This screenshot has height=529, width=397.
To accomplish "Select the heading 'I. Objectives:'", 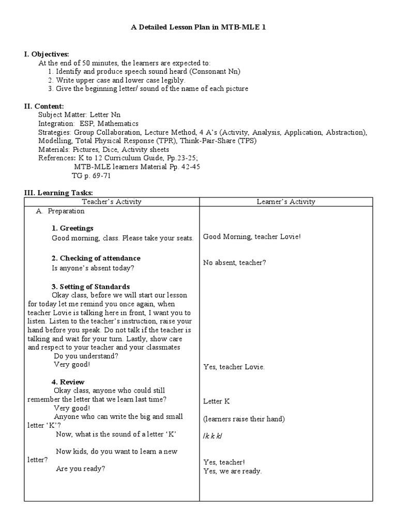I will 47,54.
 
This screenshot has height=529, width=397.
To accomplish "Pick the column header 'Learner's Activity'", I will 286,202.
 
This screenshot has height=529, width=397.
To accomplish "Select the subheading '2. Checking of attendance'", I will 96,258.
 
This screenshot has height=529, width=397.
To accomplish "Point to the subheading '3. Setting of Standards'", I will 90,287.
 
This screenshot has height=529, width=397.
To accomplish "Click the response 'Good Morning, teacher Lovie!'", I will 251,237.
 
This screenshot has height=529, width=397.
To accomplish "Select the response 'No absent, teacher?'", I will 234,262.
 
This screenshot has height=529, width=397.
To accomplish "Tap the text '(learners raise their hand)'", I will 243,418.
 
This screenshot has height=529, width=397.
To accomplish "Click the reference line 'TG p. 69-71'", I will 90,176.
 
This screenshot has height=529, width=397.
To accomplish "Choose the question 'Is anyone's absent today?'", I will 93,268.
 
